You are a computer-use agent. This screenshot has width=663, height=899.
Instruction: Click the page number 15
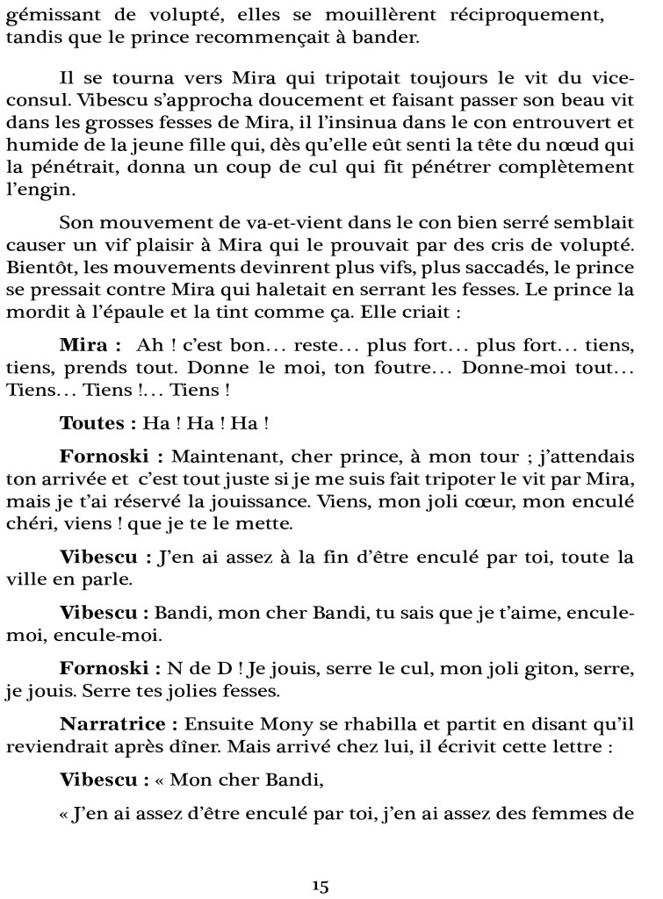pyautogui.click(x=320, y=887)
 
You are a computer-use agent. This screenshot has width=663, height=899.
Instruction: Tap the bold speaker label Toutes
pyautogui.click(x=95, y=423)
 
